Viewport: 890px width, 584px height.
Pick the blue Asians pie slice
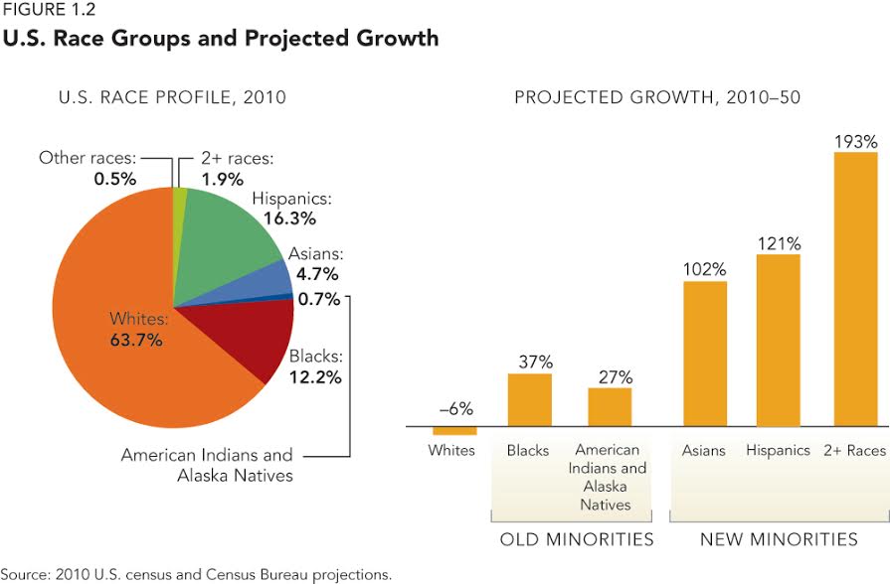pos(272,281)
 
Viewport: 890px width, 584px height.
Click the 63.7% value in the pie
pos(135,341)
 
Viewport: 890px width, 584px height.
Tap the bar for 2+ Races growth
pos(855,288)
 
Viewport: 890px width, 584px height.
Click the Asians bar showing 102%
pos(705,353)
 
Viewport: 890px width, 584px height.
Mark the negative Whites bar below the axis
pos(453,431)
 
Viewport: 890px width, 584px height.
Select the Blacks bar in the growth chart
pos(529,399)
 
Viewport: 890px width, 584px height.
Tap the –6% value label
pos(454,408)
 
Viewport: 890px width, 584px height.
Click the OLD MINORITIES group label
pos(576,539)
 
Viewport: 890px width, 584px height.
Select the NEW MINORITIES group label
pos(778,539)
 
